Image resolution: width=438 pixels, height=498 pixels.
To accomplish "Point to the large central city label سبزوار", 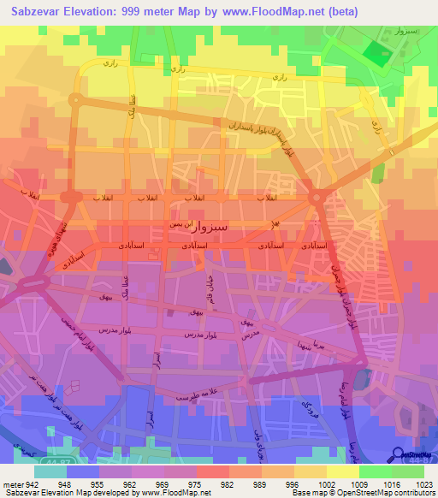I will point(186,228).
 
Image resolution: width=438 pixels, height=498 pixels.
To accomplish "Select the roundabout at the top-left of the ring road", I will point(74,101).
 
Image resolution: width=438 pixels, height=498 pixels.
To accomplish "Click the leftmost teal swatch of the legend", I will point(50,471).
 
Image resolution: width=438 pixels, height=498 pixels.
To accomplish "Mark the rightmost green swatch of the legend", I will point(407,471).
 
